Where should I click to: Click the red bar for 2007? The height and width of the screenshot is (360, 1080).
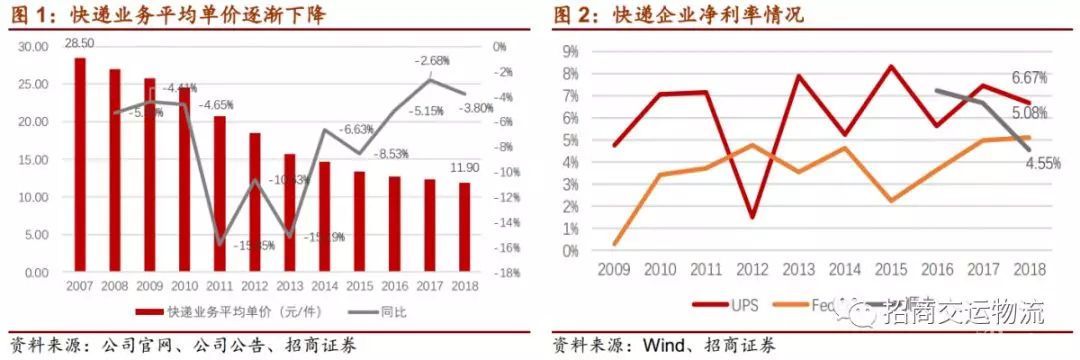point(80,165)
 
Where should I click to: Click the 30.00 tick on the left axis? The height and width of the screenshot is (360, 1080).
point(34,46)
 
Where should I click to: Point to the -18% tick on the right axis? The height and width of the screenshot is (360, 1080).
point(506,272)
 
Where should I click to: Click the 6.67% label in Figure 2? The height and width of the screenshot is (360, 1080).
point(1029,77)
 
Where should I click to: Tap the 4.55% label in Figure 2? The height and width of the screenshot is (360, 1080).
point(1040,162)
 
